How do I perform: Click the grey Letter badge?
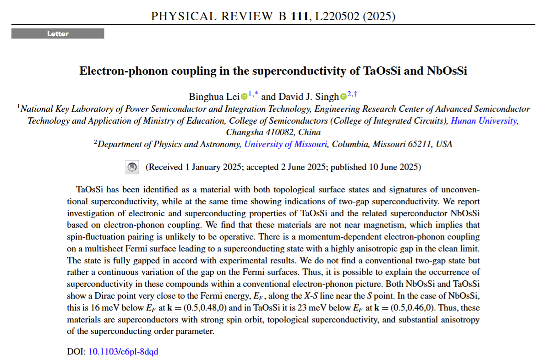tap(58, 34)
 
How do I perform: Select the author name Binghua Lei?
tap(214, 96)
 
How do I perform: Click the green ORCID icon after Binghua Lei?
tap(244, 97)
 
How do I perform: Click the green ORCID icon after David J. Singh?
tap(343, 97)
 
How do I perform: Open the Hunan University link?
tap(484, 121)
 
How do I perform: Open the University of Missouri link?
tap(286, 144)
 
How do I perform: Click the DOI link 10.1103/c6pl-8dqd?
tap(123, 352)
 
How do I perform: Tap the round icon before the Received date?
tap(132, 167)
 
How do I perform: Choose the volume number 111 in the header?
tap(298, 16)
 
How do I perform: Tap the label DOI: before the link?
tap(76, 352)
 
